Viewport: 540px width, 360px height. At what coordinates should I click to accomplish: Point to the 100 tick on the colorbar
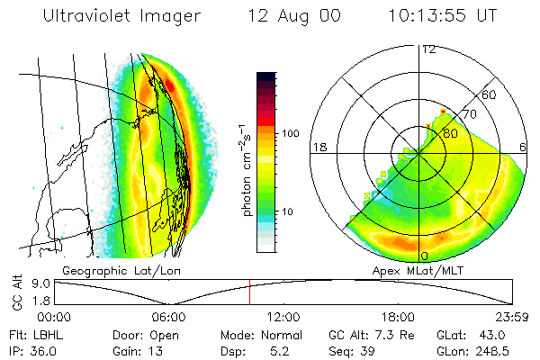290,133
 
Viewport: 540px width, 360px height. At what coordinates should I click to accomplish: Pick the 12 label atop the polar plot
429,49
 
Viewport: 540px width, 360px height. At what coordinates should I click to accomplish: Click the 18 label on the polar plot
319,147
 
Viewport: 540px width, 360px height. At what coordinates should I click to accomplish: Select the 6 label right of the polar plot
524,147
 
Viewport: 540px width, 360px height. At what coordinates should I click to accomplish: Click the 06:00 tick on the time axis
169,316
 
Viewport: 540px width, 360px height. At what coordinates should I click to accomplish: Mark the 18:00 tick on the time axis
398,316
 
